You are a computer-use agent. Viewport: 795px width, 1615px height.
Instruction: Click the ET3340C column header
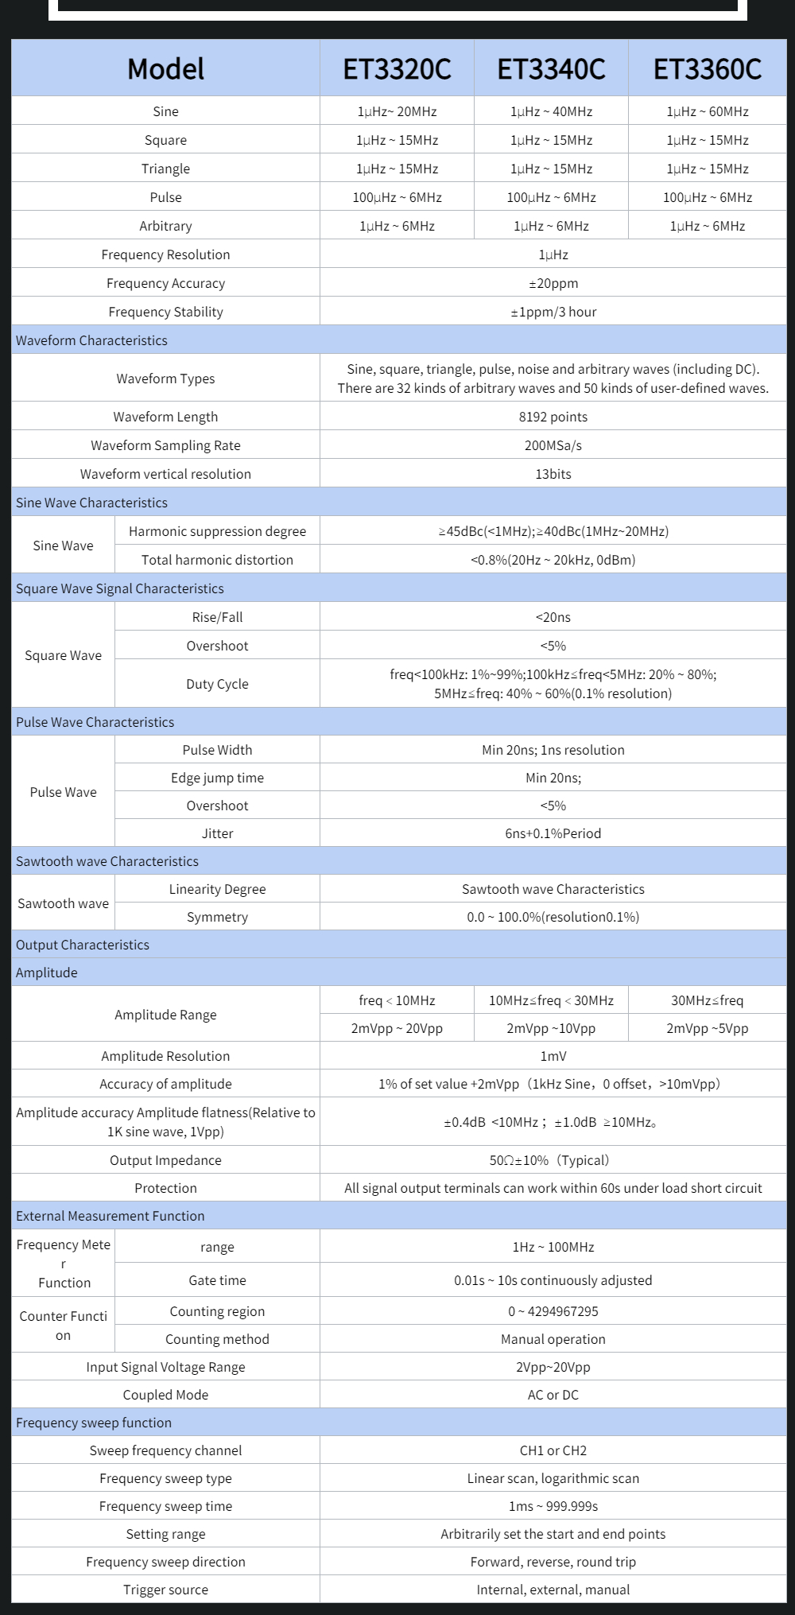click(x=551, y=69)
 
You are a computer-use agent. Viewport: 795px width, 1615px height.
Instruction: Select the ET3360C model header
click(x=707, y=69)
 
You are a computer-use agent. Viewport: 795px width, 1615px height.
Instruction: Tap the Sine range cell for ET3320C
click(x=397, y=111)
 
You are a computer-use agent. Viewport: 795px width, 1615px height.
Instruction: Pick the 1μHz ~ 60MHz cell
click(x=707, y=111)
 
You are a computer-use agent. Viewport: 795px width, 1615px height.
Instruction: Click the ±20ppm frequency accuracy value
click(x=553, y=283)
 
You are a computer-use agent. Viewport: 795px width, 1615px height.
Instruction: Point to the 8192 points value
click(x=553, y=417)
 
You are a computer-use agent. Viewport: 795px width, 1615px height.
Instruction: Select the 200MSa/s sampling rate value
click(x=553, y=445)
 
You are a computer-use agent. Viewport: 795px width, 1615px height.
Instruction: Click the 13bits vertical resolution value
click(x=553, y=474)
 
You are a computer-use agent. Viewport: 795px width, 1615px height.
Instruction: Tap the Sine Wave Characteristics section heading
click(x=91, y=503)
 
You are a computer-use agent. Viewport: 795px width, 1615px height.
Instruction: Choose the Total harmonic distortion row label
click(x=217, y=560)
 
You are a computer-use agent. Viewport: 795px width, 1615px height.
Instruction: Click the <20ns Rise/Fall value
click(x=553, y=617)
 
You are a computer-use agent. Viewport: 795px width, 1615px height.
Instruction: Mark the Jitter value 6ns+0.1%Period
click(x=553, y=833)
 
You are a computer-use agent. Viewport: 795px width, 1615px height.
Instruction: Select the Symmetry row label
click(x=217, y=917)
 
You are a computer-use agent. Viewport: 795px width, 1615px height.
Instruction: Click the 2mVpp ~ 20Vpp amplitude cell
click(x=397, y=1028)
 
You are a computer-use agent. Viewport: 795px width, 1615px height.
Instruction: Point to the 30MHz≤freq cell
click(x=707, y=1000)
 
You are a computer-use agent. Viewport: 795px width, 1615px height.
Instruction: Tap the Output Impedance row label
click(x=165, y=1160)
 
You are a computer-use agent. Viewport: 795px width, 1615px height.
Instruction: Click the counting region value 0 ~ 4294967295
click(x=553, y=1311)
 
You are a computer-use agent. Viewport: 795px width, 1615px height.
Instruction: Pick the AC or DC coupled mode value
click(x=553, y=1395)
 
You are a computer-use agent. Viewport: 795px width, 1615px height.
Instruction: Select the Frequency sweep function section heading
click(x=94, y=1423)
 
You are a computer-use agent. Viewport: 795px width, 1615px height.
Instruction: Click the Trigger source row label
click(x=165, y=1590)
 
